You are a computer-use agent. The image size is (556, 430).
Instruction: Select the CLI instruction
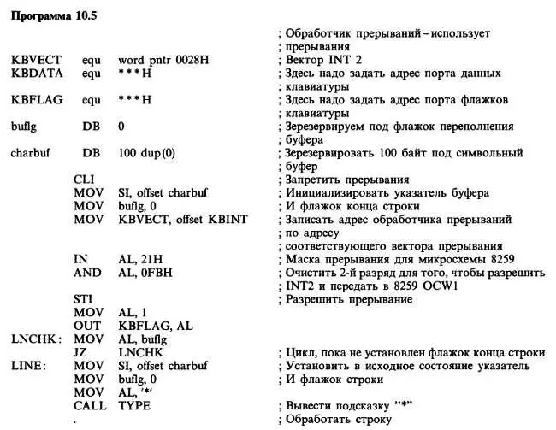pyautogui.click(x=84, y=180)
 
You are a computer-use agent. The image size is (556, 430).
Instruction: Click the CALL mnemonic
pyautogui.click(x=90, y=406)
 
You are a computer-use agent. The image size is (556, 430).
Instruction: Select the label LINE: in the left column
pyautogui.click(x=27, y=366)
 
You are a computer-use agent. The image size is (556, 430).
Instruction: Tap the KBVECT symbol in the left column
pyautogui.click(x=36, y=60)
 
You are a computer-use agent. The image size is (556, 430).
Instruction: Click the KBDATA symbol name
pyautogui.click(x=36, y=73)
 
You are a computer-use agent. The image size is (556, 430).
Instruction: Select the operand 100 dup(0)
pyautogui.click(x=147, y=153)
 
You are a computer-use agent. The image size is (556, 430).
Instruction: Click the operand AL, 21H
pyautogui.click(x=139, y=259)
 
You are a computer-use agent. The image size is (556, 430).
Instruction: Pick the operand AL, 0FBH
pyautogui.click(x=144, y=273)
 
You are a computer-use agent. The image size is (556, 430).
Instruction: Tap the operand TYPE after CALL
pyautogui.click(x=133, y=406)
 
